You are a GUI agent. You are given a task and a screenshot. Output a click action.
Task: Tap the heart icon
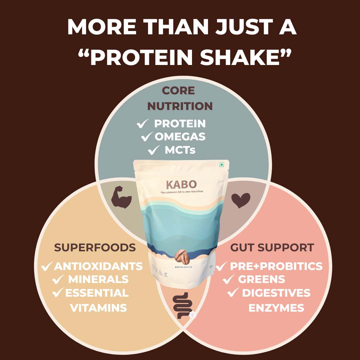pyautogui.click(x=241, y=200)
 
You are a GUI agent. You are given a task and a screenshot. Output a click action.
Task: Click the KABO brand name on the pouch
pyautogui.click(x=182, y=184)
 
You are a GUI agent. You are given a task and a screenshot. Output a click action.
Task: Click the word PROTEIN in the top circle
pyautogui.click(x=180, y=124)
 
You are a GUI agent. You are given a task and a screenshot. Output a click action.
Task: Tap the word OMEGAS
pyautogui.click(x=180, y=137)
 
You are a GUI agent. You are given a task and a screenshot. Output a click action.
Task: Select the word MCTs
pyautogui.click(x=180, y=150)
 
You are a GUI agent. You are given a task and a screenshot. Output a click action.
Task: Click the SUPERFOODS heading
pyautogui.click(x=95, y=248)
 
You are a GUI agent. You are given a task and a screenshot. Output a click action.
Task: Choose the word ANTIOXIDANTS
pyautogui.click(x=98, y=266)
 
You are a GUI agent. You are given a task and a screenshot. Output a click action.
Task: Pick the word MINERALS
pyautogui.click(x=98, y=279)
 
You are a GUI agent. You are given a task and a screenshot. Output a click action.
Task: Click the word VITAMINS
pyautogui.click(x=98, y=308)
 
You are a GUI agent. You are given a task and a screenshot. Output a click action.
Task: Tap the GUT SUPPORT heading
pyautogui.click(x=272, y=248)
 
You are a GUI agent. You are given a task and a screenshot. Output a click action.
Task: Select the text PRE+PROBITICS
pyautogui.click(x=276, y=266)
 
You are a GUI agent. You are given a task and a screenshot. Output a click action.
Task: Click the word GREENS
pyautogui.click(x=262, y=279)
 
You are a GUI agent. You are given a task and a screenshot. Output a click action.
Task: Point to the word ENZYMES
pyautogui.click(x=276, y=308)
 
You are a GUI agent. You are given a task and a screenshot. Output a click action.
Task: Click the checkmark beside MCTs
pyautogui.click(x=154, y=151)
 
